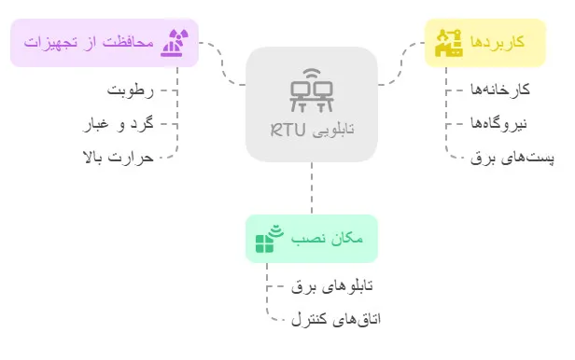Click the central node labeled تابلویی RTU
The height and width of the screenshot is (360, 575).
[312, 104]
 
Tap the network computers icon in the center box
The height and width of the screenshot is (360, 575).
[312, 90]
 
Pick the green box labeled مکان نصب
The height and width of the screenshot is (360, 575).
[311, 239]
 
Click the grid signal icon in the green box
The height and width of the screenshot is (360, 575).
[268, 239]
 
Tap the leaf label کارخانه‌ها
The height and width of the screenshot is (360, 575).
[498, 90]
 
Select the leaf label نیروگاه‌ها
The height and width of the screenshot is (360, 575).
[498, 123]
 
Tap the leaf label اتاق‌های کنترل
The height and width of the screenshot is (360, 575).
[336, 319]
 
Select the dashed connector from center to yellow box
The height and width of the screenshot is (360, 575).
[401, 62]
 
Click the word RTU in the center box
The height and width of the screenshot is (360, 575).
[288, 130]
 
